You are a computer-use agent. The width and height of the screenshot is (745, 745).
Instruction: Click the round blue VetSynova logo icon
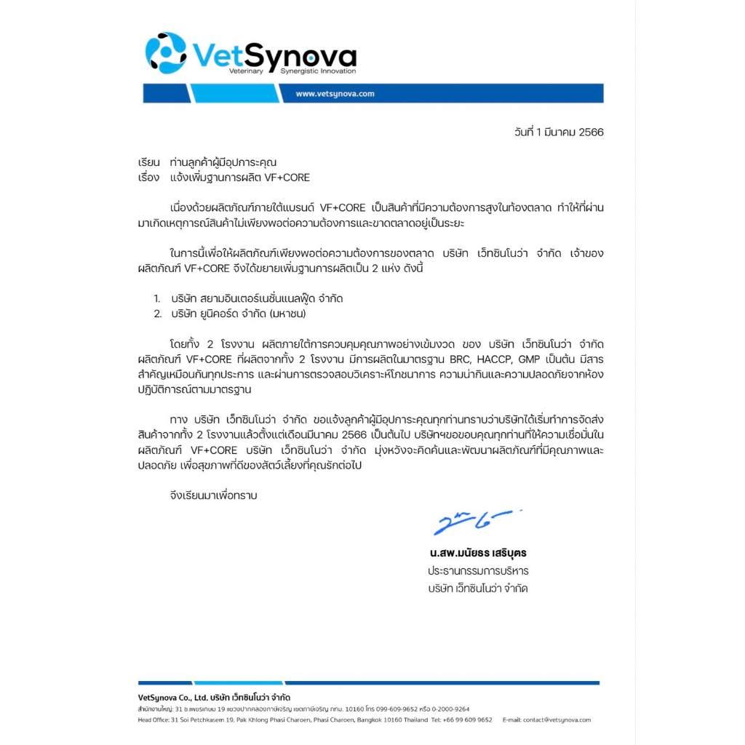166,53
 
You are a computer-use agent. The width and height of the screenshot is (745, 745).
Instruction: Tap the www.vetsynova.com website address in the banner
335,94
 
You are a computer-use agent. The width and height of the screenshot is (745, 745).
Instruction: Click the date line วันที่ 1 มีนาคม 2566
559,132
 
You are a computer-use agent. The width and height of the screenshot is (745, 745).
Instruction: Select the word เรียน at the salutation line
148,162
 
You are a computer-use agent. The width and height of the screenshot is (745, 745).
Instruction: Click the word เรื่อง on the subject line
148,178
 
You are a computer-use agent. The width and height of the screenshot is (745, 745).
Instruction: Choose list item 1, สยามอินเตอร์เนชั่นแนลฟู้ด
257,299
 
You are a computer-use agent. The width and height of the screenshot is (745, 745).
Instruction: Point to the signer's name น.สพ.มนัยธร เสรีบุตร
478,553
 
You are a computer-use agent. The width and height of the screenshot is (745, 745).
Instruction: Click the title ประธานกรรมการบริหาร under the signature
478,570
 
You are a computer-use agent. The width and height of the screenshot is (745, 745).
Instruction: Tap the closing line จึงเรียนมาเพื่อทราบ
213,495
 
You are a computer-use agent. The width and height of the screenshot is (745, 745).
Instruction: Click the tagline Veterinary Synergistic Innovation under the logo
292,72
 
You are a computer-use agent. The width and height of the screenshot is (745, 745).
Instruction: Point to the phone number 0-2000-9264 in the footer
451,709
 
